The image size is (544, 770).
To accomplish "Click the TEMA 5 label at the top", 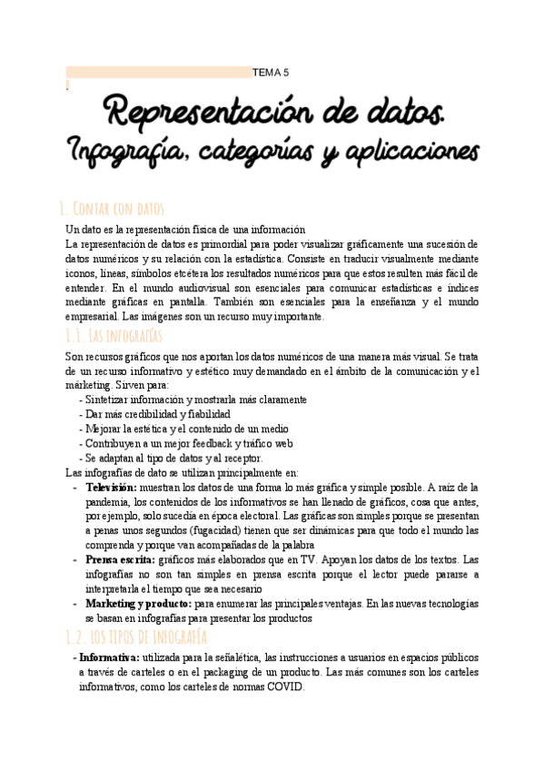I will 270,73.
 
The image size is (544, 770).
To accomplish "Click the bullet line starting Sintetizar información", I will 194,400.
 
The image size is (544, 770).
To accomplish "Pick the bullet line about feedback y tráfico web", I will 188,443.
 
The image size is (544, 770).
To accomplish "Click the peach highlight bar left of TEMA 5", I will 159,73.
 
